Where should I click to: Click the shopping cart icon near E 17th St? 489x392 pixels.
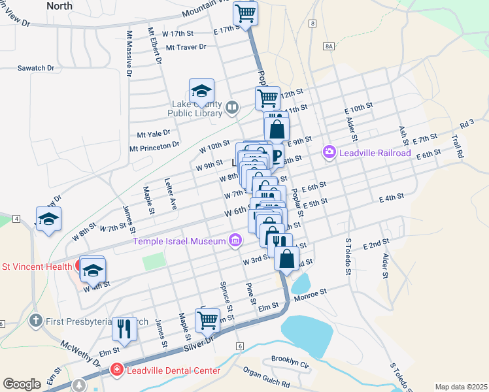245,13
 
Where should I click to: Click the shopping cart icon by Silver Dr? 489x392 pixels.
207,320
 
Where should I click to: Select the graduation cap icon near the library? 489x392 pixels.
202,91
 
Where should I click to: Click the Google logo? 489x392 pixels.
22,384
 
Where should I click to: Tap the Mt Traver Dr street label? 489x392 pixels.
186,47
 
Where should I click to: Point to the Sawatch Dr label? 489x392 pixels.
35,68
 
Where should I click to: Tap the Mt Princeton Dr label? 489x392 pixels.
154,146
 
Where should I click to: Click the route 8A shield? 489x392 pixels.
328,46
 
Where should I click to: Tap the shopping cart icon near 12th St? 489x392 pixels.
267,99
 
